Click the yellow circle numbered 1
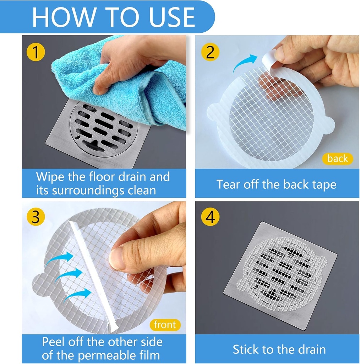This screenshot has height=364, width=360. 36,52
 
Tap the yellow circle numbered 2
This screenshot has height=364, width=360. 211,52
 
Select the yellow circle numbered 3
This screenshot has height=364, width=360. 36,217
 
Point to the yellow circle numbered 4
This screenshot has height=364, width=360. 211,217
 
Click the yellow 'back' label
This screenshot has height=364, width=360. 338,159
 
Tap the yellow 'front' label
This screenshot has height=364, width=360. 165,325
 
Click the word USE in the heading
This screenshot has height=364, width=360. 167,17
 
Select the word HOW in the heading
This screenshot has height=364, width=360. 60,17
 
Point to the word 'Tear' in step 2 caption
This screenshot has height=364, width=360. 229,184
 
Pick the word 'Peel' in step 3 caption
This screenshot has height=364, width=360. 54,342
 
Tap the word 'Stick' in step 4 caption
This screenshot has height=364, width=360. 245,349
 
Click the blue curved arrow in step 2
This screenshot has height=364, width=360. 246,63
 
